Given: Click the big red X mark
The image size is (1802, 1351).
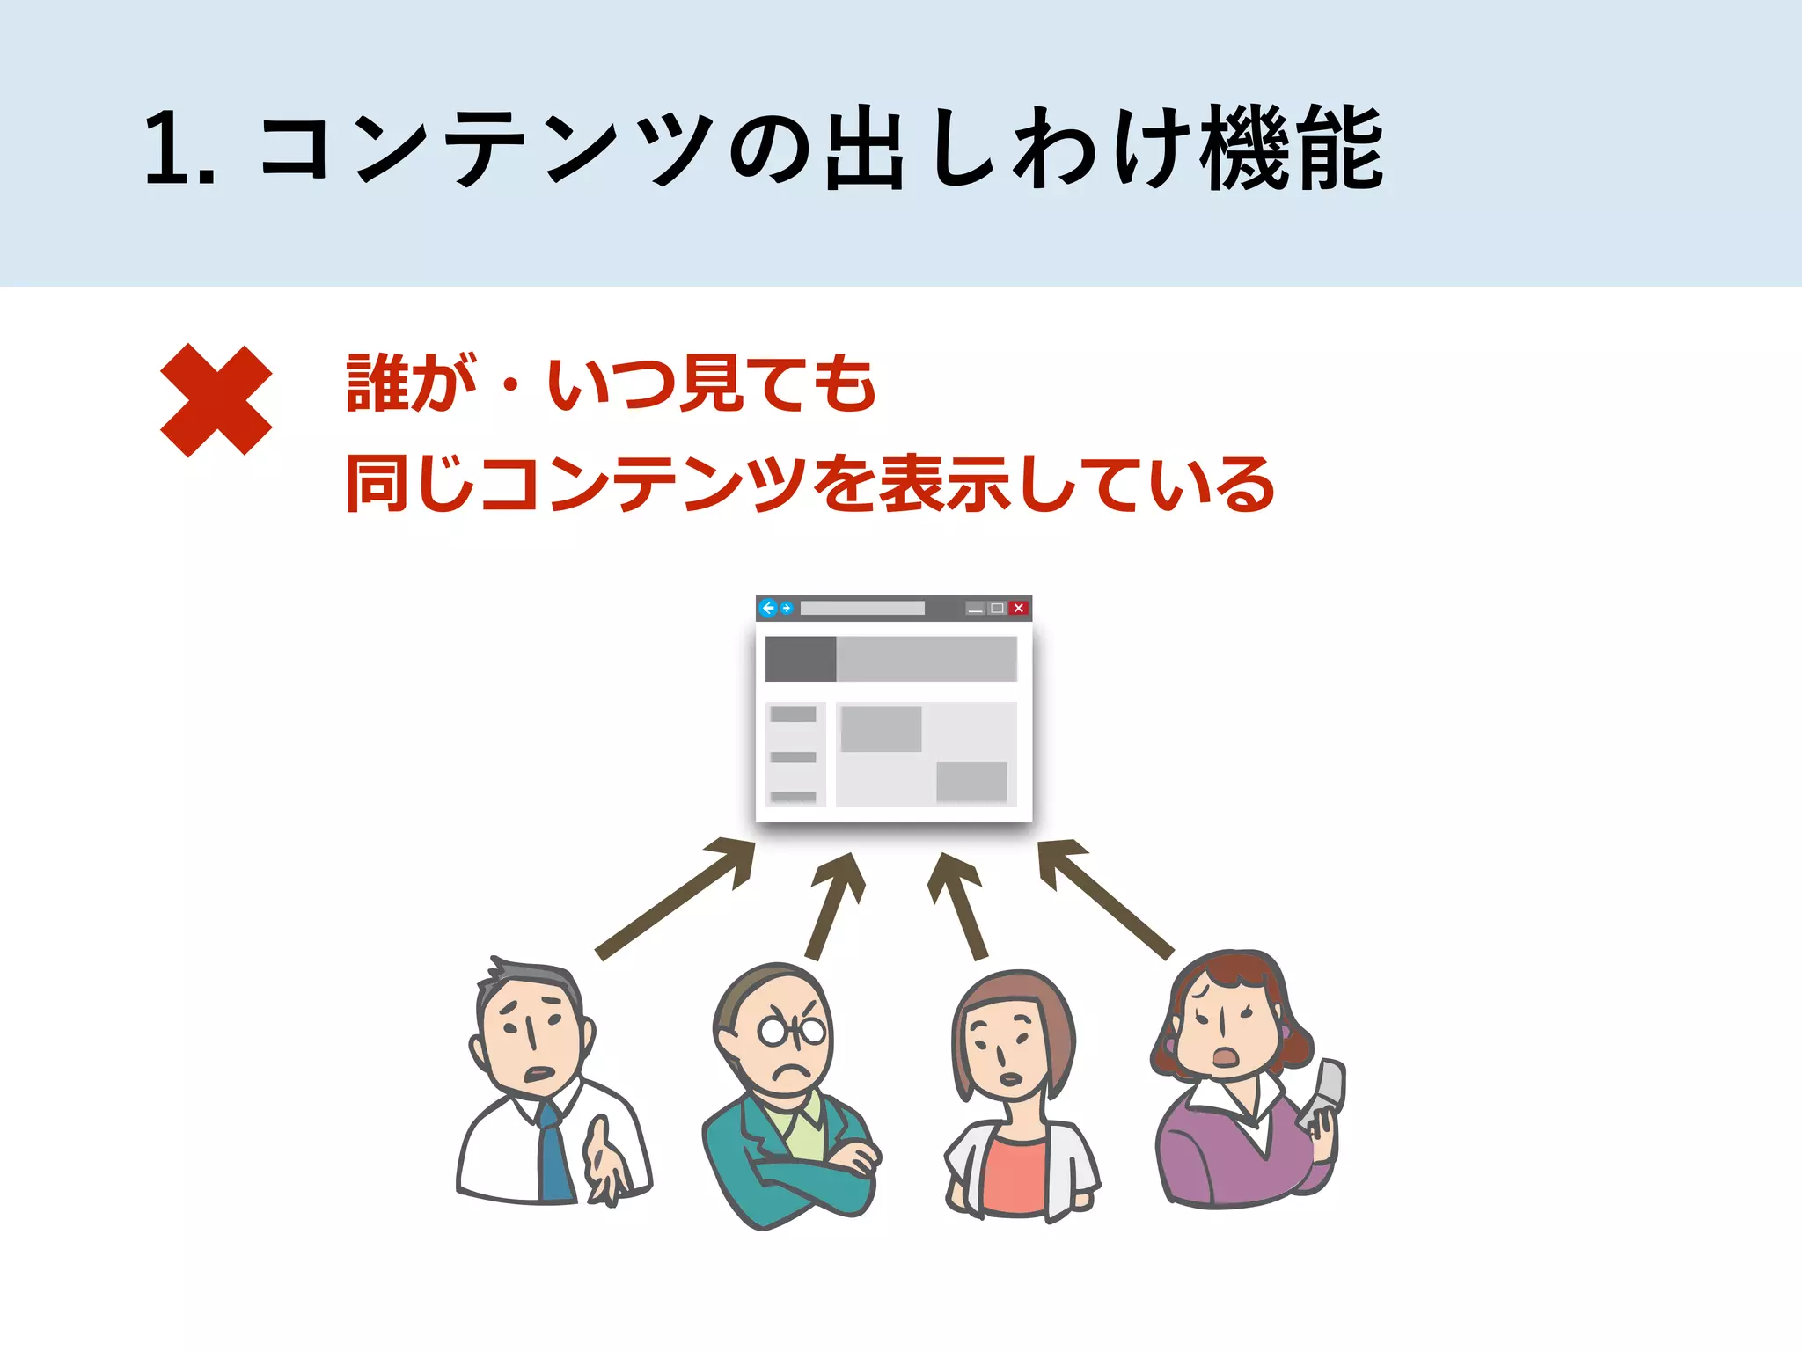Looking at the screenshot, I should point(216,400).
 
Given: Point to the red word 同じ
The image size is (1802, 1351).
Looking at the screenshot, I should point(410,483).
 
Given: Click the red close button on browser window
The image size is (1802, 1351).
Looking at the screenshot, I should point(1018,608).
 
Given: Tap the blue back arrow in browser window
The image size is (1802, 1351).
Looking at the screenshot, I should point(768,608).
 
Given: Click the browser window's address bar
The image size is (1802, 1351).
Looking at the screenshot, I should point(862,608).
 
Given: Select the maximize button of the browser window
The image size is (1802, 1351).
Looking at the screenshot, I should point(997,608).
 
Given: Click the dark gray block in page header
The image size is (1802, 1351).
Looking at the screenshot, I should point(800,659).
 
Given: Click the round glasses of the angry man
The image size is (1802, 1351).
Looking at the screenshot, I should point(793,1030).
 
